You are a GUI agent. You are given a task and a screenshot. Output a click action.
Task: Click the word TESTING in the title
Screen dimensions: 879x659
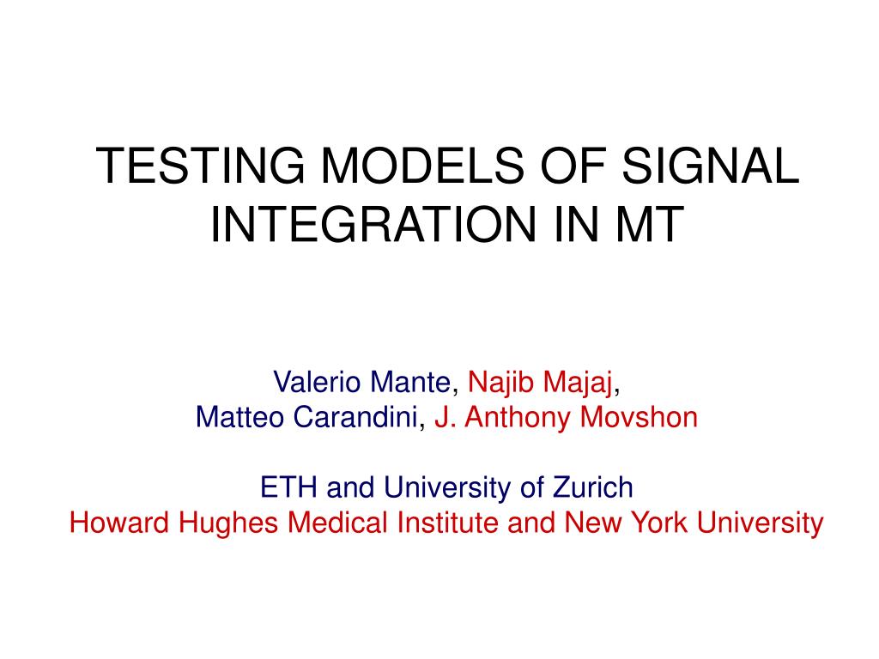pyautogui.click(x=200, y=166)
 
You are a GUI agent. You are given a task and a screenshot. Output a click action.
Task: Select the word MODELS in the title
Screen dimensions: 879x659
pyautogui.click(x=422, y=166)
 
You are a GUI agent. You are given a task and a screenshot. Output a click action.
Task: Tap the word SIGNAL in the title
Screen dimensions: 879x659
pyautogui.click(x=710, y=166)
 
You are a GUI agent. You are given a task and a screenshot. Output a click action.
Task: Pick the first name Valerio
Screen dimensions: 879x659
pyautogui.click(x=317, y=382)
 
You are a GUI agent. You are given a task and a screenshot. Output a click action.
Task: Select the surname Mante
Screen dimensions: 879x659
pyautogui.click(x=410, y=382)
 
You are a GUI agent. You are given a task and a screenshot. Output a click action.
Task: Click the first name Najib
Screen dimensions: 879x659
pyautogui.click(x=500, y=384)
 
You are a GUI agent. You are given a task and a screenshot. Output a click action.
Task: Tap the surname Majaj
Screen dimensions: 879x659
pyautogui.click(x=578, y=384)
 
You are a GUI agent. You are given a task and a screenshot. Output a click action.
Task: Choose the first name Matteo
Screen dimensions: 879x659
pyautogui.click(x=240, y=418)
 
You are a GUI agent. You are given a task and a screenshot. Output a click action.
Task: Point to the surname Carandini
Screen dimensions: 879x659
pyautogui.click(x=355, y=418)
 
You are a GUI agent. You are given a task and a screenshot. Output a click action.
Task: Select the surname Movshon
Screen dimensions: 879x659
pyautogui.click(x=639, y=418)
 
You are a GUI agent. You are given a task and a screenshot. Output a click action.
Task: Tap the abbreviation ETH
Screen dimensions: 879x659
pyautogui.click(x=288, y=487)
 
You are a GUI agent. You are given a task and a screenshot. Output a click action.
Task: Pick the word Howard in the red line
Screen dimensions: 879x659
pyautogui.click(x=118, y=523)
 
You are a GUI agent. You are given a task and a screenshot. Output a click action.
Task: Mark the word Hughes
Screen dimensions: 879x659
pyautogui.click(x=228, y=523)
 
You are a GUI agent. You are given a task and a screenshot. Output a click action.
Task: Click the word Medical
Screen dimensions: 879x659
pyautogui.click(x=337, y=523)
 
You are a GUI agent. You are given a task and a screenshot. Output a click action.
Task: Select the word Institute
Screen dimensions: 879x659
pyautogui.click(x=447, y=523)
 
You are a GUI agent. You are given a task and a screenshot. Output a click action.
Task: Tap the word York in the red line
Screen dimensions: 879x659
pyautogui.click(x=660, y=523)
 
